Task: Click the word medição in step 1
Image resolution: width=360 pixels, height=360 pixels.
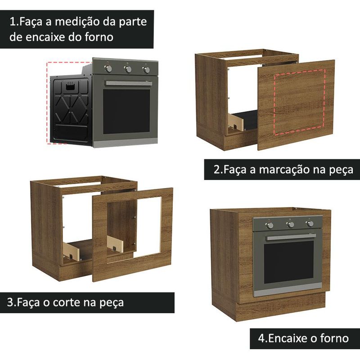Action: coord(77,22)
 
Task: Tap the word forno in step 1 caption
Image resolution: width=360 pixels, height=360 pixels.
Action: coord(99,37)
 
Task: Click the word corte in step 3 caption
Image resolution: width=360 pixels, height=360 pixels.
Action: coord(67,302)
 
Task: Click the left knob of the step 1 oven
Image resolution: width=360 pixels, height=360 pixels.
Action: coord(108,68)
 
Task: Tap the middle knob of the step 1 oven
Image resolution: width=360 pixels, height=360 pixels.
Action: coord(128,69)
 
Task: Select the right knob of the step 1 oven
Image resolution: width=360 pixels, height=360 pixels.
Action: coord(146,70)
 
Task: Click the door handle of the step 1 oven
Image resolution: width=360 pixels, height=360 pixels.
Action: coord(129,83)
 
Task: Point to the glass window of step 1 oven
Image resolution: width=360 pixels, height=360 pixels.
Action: coord(126,112)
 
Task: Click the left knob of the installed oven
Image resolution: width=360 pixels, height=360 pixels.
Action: coord(270,225)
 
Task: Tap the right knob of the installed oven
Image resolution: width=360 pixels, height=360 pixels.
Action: coord(310,224)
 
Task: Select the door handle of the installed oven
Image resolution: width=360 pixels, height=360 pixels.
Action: coord(291,237)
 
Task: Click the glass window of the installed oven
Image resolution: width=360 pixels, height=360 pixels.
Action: coord(288,262)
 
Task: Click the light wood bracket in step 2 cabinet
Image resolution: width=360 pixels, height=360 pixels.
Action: coord(235,122)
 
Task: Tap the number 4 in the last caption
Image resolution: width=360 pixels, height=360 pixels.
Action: coord(261,338)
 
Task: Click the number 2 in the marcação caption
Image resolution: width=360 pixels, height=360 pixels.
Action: coord(217,170)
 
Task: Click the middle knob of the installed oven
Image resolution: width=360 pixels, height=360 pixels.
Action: coord(290,224)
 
